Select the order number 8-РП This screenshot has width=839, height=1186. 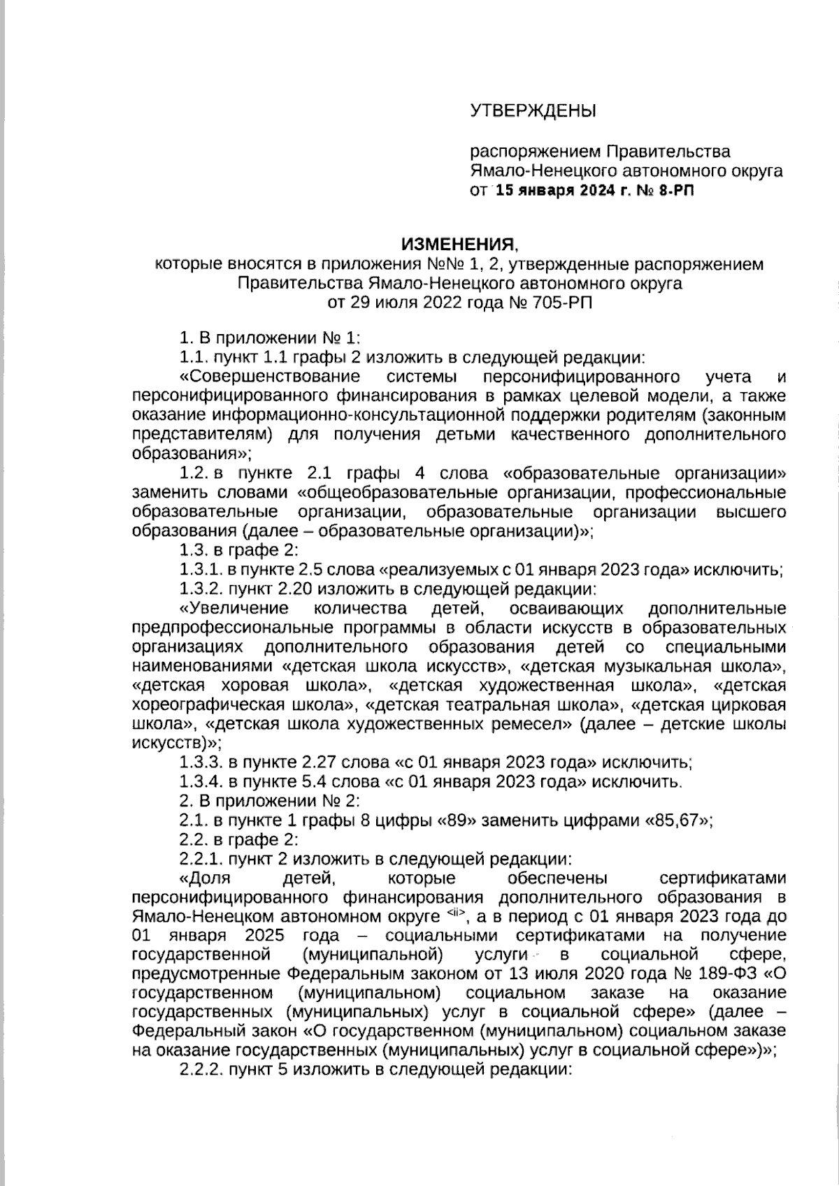[x=676, y=191]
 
